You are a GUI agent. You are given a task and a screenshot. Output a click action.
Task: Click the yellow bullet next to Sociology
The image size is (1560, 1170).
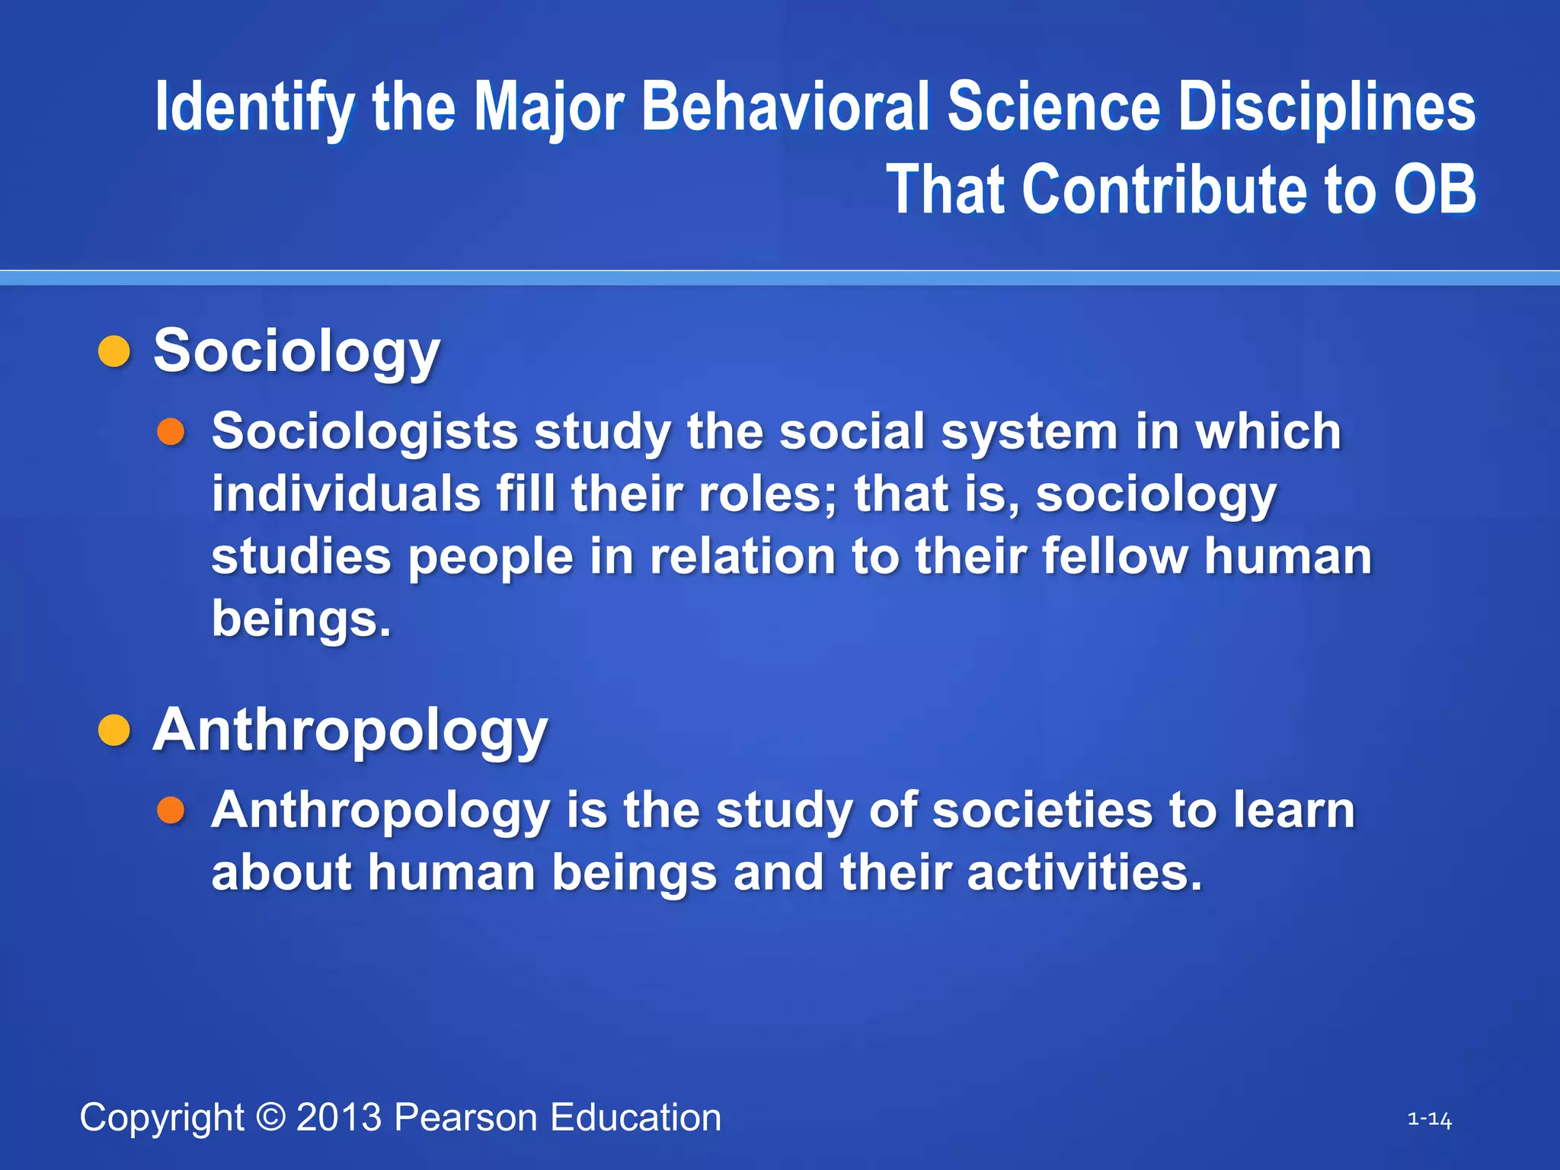pyautogui.click(x=115, y=352)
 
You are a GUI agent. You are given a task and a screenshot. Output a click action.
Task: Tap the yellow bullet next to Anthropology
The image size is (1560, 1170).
pyautogui.click(x=115, y=730)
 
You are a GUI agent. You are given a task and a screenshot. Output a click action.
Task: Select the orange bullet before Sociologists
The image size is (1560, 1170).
pyautogui.click(x=171, y=432)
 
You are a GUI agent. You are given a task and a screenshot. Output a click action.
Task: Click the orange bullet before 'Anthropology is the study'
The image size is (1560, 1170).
pyautogui.click(x=171, y=810)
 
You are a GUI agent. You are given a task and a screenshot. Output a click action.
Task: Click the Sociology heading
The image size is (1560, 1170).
pyautogui.click(x=297, y=352)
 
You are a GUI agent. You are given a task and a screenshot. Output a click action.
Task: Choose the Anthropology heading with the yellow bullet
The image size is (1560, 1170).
pyautogui.click(x=350, y=730)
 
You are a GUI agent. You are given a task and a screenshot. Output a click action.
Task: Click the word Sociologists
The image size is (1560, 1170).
pyautogui.click(x=365, y=432)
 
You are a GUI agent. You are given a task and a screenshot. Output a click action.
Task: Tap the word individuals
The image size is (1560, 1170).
pyautogui.click(x=346, y=494)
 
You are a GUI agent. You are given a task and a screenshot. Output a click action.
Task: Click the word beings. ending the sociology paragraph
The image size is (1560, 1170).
pyautogui.click(x=301, y=619)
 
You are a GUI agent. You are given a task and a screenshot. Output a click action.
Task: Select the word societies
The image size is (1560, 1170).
pyautogui.click(x=1043, y=810)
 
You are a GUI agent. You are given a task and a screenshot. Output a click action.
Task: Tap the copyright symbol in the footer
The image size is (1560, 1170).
pyautogui.click(x=270, y=1117)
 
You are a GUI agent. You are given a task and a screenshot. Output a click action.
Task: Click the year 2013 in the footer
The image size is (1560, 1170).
pyautogui.click(x=339, y=1117)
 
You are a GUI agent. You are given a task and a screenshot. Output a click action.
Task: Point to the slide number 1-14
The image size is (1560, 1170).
pyautogui.click(x=1429, y=1120)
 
